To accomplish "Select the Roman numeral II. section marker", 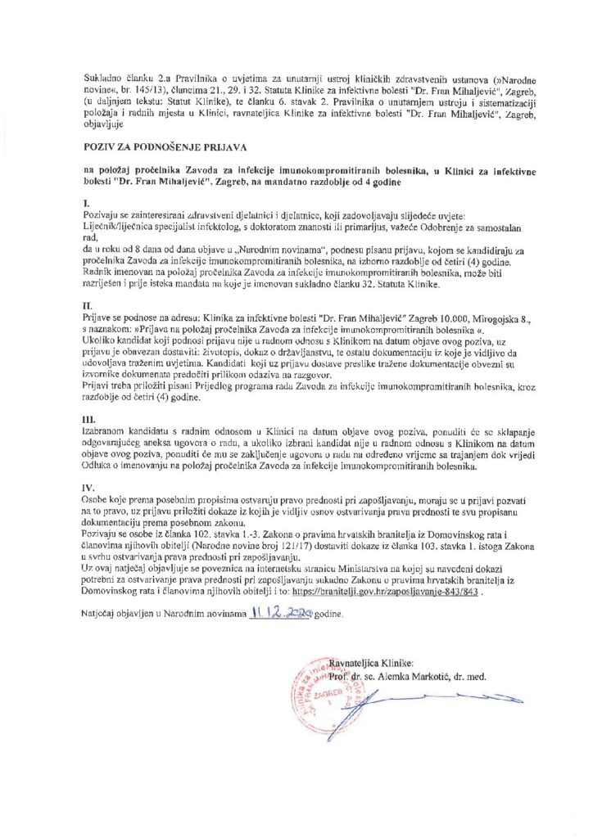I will click(88, 304).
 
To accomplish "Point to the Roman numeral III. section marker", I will click(89, 417).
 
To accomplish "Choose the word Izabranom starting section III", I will click(110, 429).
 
